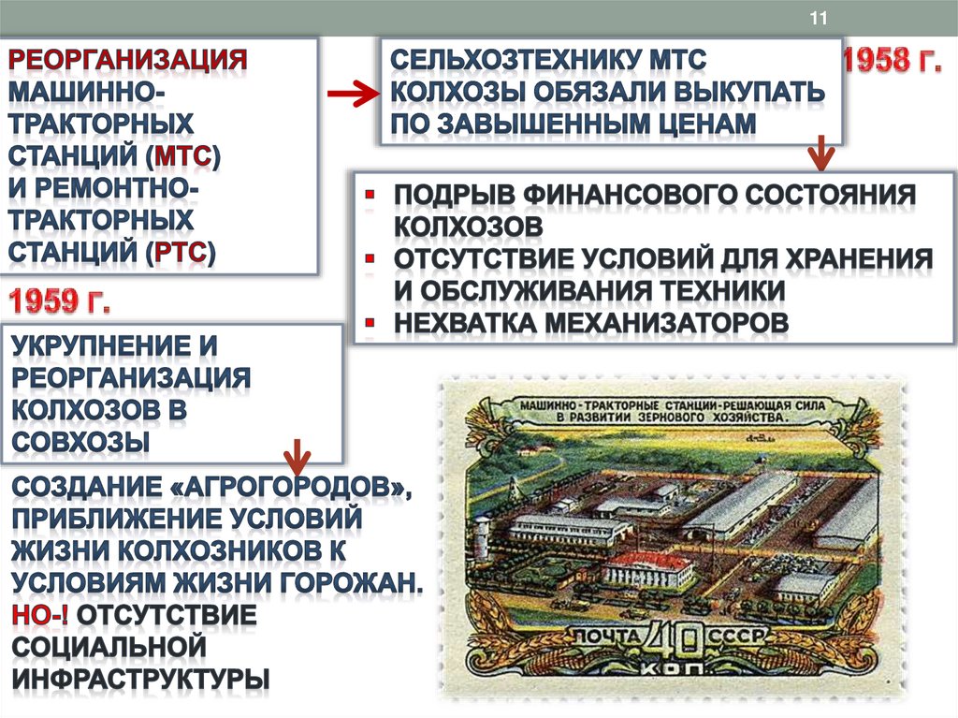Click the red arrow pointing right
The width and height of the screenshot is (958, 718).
pyautogui.click(x=352, y=95)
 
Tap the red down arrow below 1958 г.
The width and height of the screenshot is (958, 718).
pyautogui.click(x=820, y=153)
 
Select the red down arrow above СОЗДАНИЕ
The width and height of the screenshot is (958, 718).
pyautogui.click(x=298, y=456)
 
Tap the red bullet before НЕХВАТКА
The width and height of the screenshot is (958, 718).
pyautogui.click(x=370, y=321)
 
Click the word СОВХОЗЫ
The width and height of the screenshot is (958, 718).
pyautogui.click(x=80, y=441)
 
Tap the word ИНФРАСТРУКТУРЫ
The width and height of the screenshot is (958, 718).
pyautogui.click(x=141, y=678)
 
